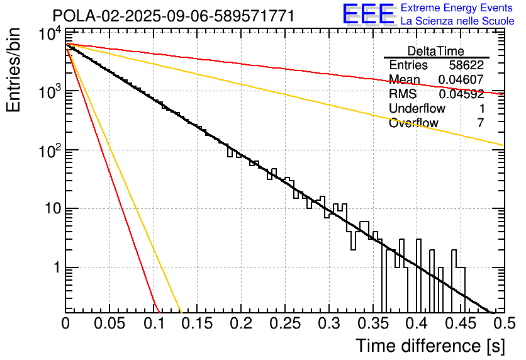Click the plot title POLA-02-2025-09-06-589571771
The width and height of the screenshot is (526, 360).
[173, 16]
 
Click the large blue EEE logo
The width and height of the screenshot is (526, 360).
[368, 14]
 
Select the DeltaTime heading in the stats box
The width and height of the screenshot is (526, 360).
[436, 51]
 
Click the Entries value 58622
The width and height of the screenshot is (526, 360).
[466, 65]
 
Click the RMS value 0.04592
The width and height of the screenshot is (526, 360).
[461, 94]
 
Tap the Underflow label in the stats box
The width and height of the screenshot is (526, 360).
[417, 109]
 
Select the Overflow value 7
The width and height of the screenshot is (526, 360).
[481, 123]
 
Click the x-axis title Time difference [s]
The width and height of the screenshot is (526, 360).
[429, 346]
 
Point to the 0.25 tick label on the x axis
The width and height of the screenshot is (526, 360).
[285, 325]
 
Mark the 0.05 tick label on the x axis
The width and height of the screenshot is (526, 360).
[109, 325]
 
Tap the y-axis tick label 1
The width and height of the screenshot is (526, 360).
[55, 268]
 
